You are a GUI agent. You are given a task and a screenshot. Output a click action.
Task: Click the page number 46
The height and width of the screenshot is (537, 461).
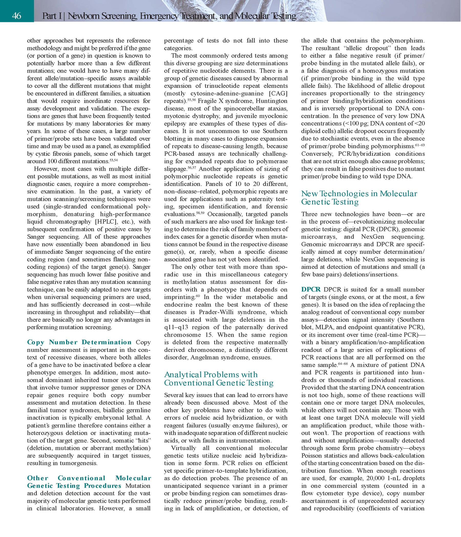pyautogui.click(x=17, y=16)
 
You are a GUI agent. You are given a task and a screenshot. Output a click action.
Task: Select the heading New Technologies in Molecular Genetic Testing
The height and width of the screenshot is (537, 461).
pyautogui.click(x=359, y=198)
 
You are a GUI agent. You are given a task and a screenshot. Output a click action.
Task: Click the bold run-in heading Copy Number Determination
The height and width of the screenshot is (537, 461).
pyautogui.click(x=79, y=342)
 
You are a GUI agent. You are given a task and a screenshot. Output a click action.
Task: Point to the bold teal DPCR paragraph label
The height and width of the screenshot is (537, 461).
pyautogui.click(x=311, y=289)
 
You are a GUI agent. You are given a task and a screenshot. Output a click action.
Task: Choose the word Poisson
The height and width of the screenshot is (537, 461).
pyautogui.click(x=313, y=456)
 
